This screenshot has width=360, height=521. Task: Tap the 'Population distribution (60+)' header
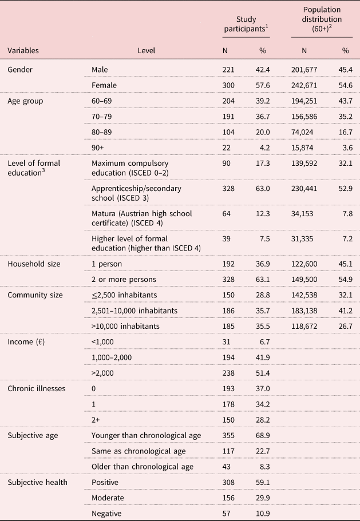click(322, 19)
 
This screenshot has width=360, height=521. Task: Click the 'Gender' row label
click(19, 70)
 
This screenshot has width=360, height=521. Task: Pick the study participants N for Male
click(228, 70)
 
